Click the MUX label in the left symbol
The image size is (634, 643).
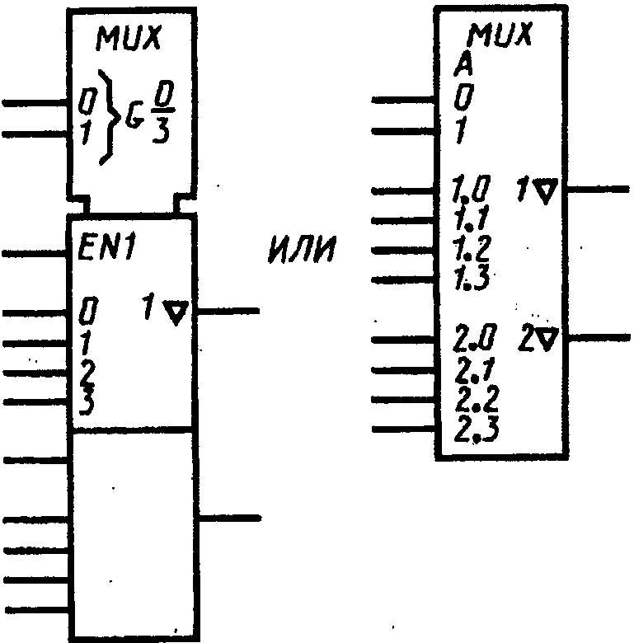pos(129,38)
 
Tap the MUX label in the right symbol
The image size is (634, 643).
pos(500,35)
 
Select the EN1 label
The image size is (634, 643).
pos(106,248)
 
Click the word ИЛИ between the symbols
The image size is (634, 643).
pos(303,249)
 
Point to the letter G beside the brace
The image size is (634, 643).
pos(134,116)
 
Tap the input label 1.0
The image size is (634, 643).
pos(472,189)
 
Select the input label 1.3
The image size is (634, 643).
pos(472,279)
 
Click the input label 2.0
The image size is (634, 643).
pos(476,338)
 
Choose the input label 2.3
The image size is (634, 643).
pos(477,429)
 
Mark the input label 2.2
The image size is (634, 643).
pos(477,400)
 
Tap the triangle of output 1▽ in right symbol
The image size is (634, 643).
pos(547,190)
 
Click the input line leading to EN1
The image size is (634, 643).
pos(35,254)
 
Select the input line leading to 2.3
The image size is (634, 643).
pos(403,429)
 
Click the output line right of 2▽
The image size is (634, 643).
pos(599,338)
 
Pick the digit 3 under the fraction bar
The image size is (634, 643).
pos(161,130)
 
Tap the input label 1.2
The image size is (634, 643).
pos(472,249)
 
